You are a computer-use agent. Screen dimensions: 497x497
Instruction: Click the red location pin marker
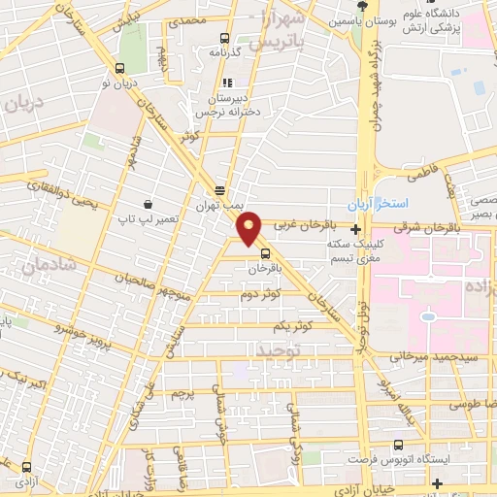coord(251,227)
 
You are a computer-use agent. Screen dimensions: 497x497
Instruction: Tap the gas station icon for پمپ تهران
coord(220,191)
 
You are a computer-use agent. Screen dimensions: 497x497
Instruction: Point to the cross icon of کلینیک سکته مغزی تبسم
coord(358,230)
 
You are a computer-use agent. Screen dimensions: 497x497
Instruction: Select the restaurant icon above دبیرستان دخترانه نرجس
coord(229,83)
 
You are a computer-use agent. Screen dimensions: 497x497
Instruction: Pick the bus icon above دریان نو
coord(119,69)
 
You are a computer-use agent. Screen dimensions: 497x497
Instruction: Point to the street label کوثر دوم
coord(260,294)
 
